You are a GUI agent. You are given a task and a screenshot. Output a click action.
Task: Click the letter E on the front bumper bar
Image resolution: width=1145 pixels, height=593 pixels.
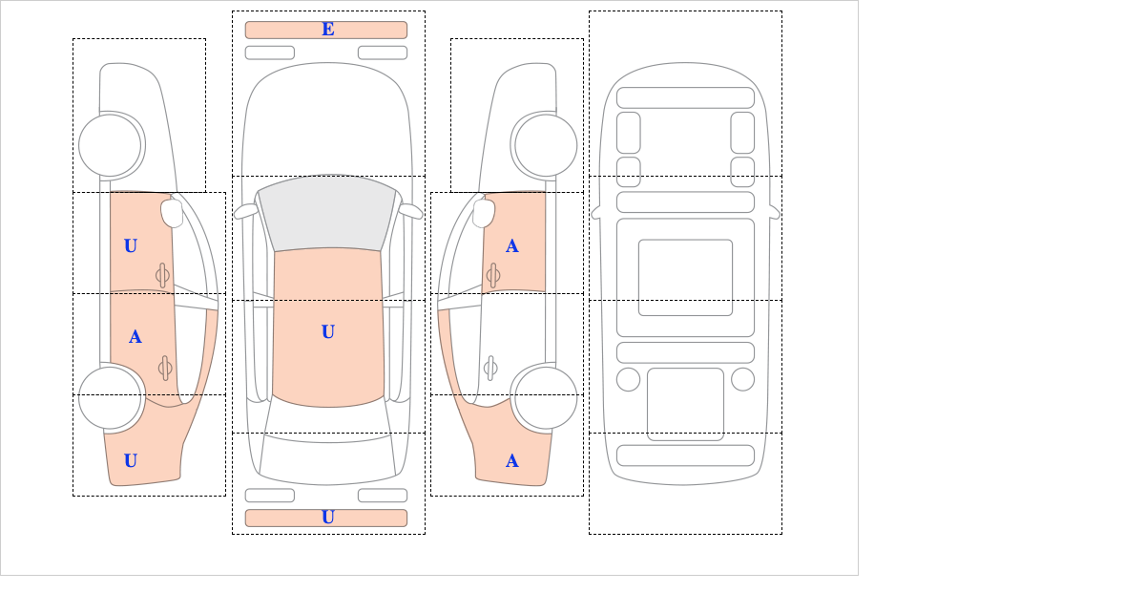[x=328, y=30]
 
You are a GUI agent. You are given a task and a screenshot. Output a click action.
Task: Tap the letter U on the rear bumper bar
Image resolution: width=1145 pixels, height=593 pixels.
[x=328, y=518]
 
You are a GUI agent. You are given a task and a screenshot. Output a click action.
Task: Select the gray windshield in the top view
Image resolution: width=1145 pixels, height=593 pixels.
[x=327, y=213]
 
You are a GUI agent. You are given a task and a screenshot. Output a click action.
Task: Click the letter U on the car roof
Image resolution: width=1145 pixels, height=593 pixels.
[x=328, y=331]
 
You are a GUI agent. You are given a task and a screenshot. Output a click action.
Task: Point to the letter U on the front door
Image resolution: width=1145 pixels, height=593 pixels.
[x=131, y=245]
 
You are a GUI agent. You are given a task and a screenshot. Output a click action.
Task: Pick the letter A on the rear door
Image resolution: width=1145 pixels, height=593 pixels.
[x=135, y=337]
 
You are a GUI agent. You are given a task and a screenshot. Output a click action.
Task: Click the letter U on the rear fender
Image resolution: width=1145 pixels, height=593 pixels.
[x=131, y=460]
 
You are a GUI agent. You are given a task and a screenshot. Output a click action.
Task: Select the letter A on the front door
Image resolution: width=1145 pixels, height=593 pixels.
[x=512, y=246]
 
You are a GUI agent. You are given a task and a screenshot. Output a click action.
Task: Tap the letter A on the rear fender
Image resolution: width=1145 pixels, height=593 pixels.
[x=512, y=461]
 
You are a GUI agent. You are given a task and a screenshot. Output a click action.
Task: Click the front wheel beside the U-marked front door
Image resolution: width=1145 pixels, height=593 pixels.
[x=110, y=145]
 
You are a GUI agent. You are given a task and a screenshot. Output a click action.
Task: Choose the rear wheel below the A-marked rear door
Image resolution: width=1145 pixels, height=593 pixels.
[x=110, y=397]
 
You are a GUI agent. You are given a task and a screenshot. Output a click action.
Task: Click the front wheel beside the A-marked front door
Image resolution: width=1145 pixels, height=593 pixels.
[x=546, y=145]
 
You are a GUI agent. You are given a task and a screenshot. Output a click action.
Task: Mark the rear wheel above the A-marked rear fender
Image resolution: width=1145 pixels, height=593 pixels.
[x=546, y=397]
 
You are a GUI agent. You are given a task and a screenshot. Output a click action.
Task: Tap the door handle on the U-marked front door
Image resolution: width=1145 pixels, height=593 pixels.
[x=162, y=275]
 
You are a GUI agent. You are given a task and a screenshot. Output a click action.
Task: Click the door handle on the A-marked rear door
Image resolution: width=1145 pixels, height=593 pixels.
[x=165, y=368]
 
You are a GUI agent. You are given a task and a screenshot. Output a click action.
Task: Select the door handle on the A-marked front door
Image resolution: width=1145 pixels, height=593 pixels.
[x=493, y=275]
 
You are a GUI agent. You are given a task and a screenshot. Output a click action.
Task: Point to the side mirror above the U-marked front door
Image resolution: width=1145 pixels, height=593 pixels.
[x=172, y=213]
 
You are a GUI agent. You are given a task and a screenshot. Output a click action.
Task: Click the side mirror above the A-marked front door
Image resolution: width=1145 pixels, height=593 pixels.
[x=484, y=213]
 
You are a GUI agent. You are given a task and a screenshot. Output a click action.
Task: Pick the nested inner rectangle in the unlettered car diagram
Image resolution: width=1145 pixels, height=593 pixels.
[x=685, y=277]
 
